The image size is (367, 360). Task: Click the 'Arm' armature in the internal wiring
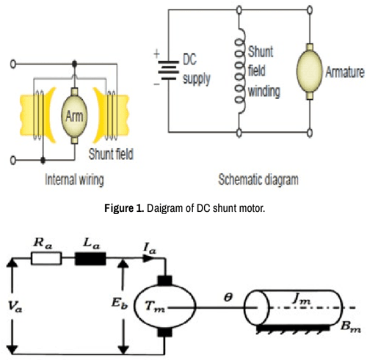coord(75,117)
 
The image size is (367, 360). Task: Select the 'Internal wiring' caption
coord(75,178)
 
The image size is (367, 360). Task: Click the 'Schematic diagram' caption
coord(258,178)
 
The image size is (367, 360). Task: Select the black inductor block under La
coord(91,258)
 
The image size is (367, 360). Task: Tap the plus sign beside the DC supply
coord(156,54)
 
